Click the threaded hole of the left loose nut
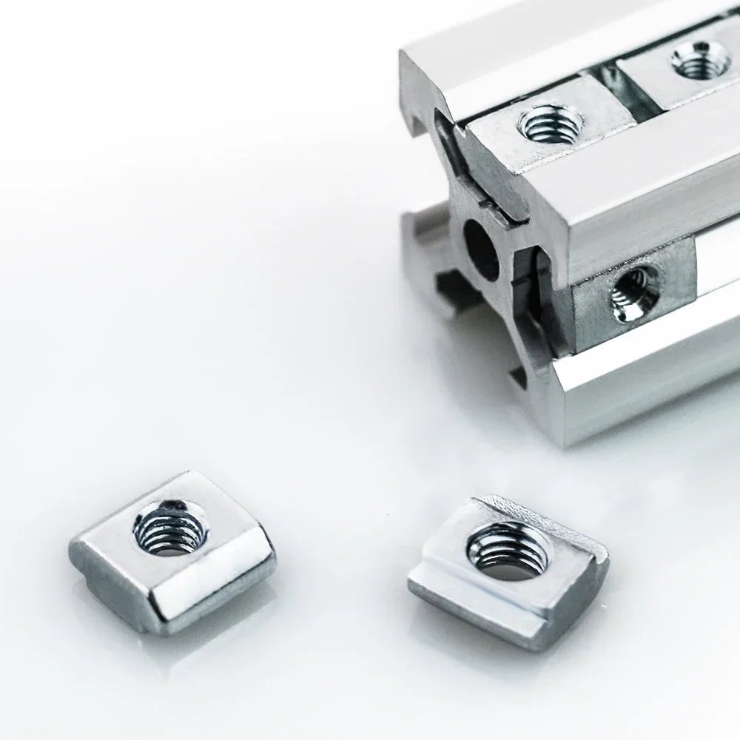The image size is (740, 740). [166, 528]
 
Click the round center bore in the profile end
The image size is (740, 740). [481, 250]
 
